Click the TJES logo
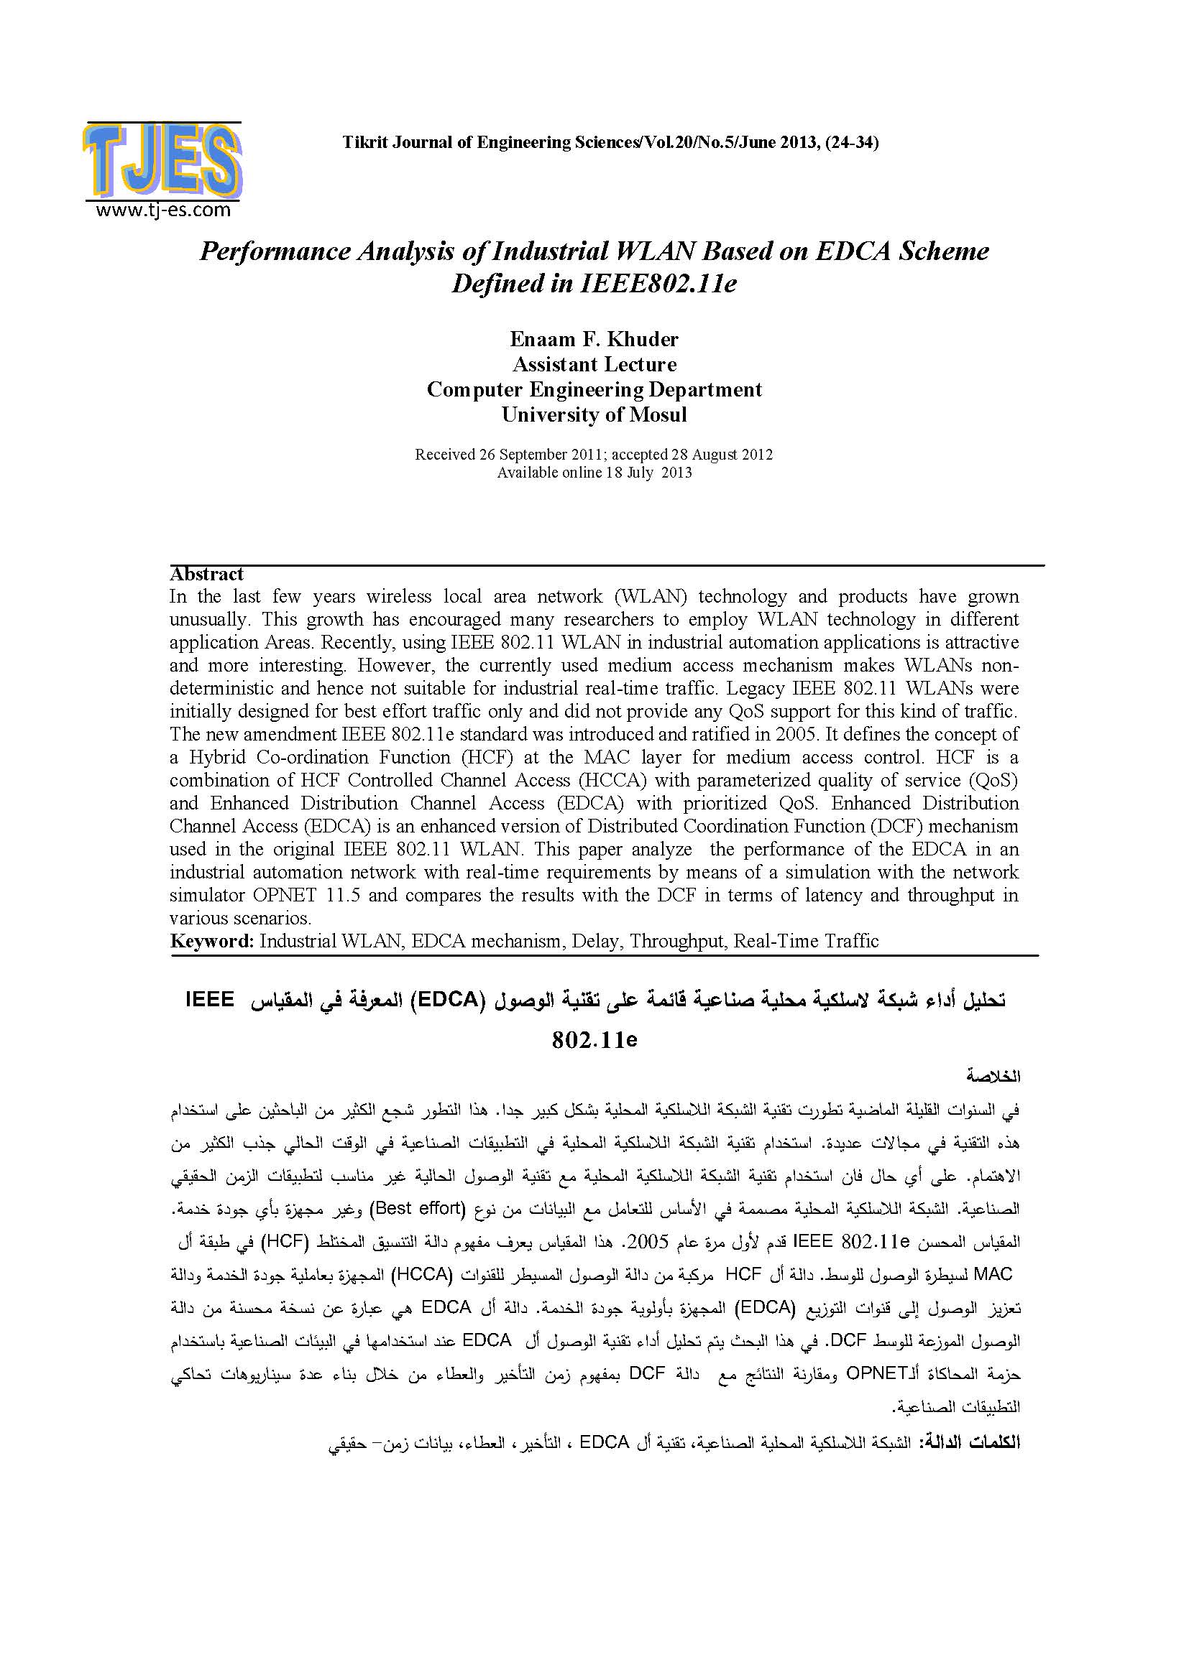162,161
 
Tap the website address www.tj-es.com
162,210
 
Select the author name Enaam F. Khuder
594,339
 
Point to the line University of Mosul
594,415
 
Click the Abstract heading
206,575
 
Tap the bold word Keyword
211,941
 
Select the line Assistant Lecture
594,364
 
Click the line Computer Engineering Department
594,389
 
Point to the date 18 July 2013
648,473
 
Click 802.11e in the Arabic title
594,1040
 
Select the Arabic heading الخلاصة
993,1077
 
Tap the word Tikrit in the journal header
366,143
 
